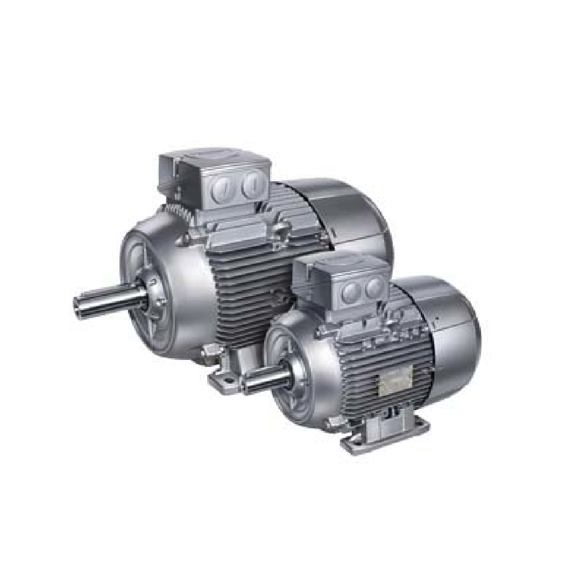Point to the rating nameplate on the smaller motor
tap(395, 379)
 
